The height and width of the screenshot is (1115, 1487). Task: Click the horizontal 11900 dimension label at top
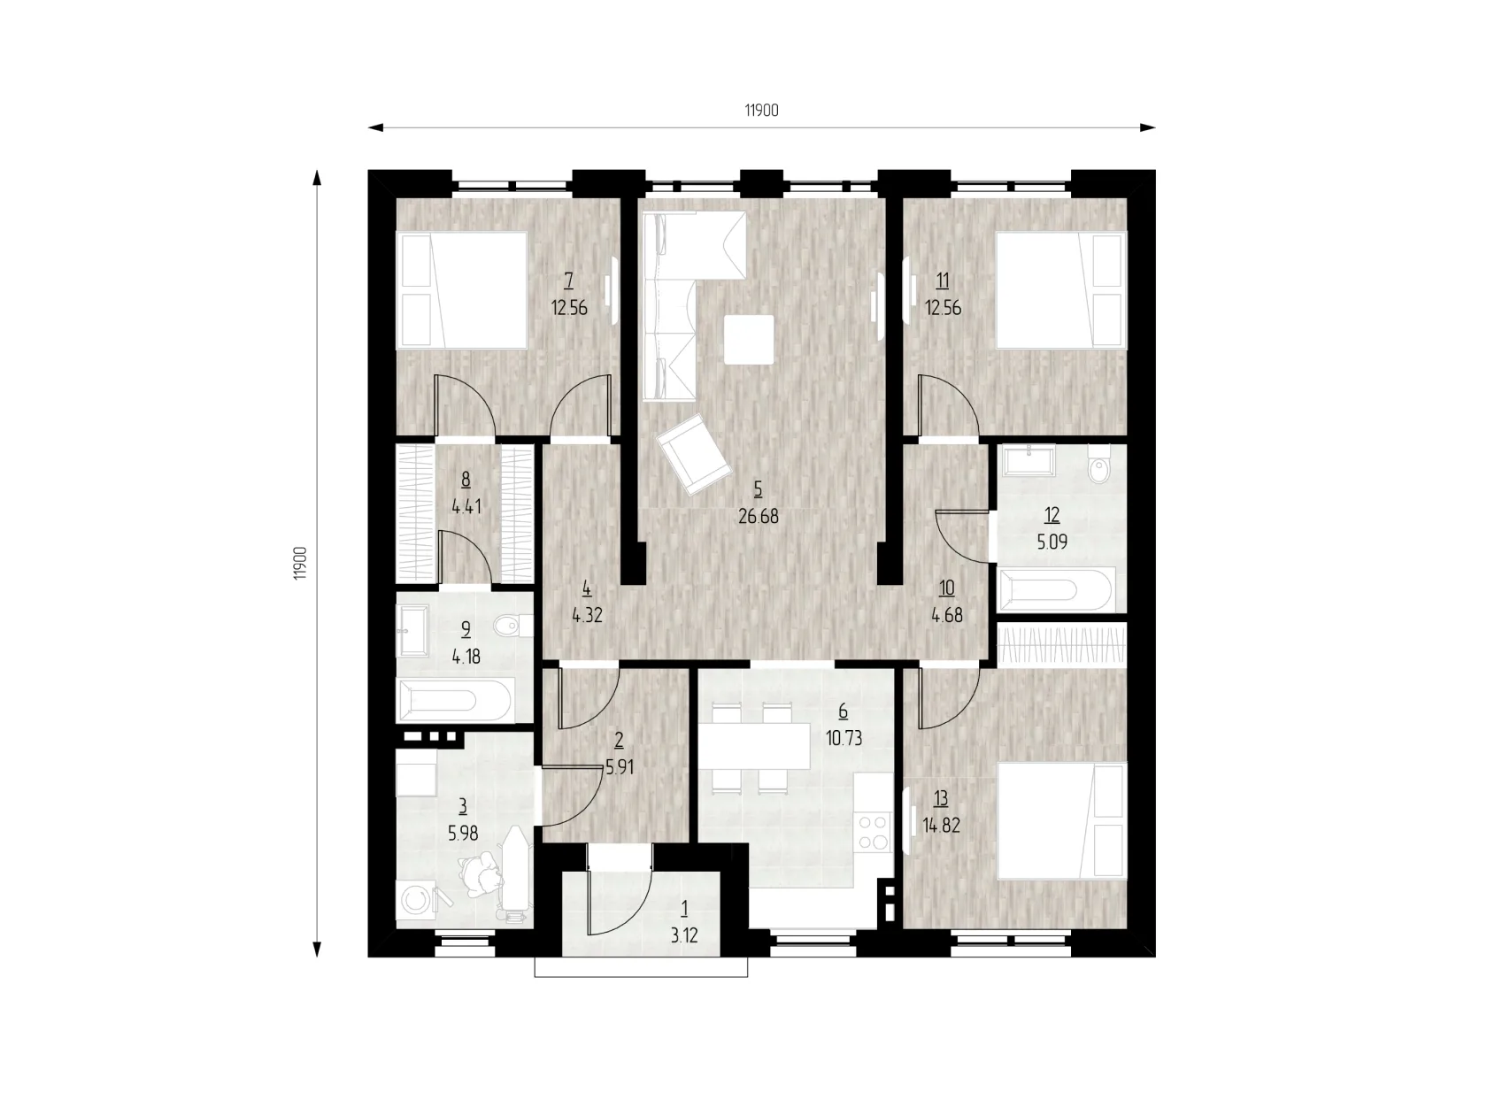pyautogui.click(x=761, y=111)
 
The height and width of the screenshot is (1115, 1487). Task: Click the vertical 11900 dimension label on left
pyautogui.click(x=301, y=563)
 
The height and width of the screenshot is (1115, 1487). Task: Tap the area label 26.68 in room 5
pyautogui.click(x=758, y=517)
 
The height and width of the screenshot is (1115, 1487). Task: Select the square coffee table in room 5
pyautogui.click(x=749, y=340)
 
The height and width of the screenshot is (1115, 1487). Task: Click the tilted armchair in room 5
pyautogui.click(x=694, y=454)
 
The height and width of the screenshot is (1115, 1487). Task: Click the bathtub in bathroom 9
pyautogui.click(x=455, y=701)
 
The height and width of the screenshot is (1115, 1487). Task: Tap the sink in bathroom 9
pyautogui.click(x=412, y=631)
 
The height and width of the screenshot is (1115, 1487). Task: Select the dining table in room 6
pyautogui.click(x=755, y=746)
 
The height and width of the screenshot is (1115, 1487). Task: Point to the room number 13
pyautogui.click(x=940, y=799)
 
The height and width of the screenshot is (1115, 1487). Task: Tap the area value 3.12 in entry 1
pyautogui.click(x=684, y=935)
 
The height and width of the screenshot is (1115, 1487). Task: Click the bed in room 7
pyautogui.click(x=461, y=290)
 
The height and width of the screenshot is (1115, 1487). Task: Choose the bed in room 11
pyautogui.click(x=1061, y=290)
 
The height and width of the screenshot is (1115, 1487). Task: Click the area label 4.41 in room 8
pyautogui.click(x=466, y=506)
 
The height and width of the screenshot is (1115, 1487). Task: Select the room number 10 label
pyautogui.click(x=946, y=588)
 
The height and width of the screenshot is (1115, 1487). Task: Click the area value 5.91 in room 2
pyautogui.click(x=620, y=769)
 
